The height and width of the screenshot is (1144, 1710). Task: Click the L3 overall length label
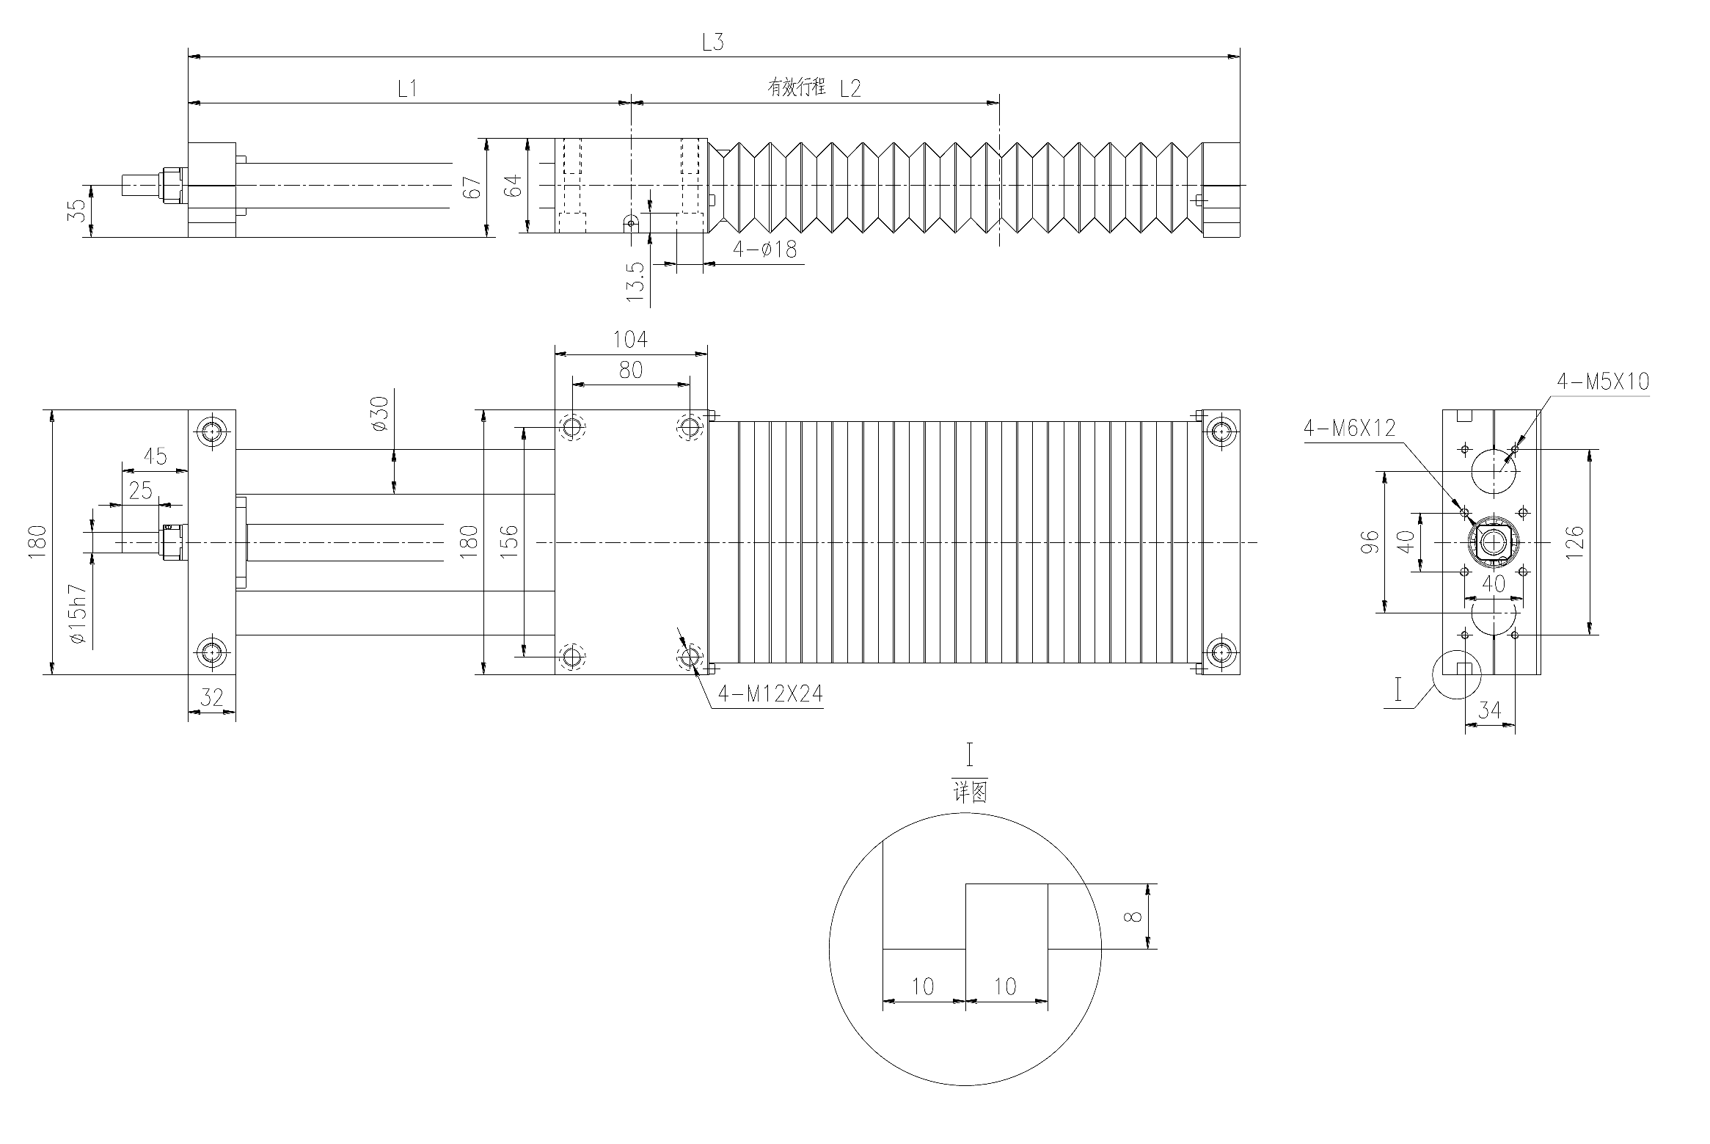click(x=712, y=43)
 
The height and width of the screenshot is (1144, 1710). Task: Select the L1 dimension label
click(x=407, y=89)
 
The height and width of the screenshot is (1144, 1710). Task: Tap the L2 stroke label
click(x=849, y=89)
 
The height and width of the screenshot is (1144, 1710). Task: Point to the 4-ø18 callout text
click(x=765, y=249)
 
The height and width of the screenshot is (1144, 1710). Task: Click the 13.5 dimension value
click(x=636, y=283)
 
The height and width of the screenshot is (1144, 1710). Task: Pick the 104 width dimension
click(x=630, y=339)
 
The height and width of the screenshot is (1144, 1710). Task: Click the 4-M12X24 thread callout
click(x=770, y=693)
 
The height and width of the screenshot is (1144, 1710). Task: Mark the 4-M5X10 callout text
click(x=1603, y=382)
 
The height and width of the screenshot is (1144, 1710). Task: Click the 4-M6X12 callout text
click(x=1349, y=428)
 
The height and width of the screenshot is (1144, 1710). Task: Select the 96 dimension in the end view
click(x=1370, y=542)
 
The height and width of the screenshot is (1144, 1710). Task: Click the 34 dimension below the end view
click(x=1490, y=710)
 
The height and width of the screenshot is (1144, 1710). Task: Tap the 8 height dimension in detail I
click(x=1136, y=917)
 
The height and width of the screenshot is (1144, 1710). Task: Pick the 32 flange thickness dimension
click(x=211, y=697)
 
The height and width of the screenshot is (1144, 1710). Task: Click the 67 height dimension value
click(x=474, y=188)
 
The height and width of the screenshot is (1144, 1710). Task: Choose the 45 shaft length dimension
click(x=155, y=456)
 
